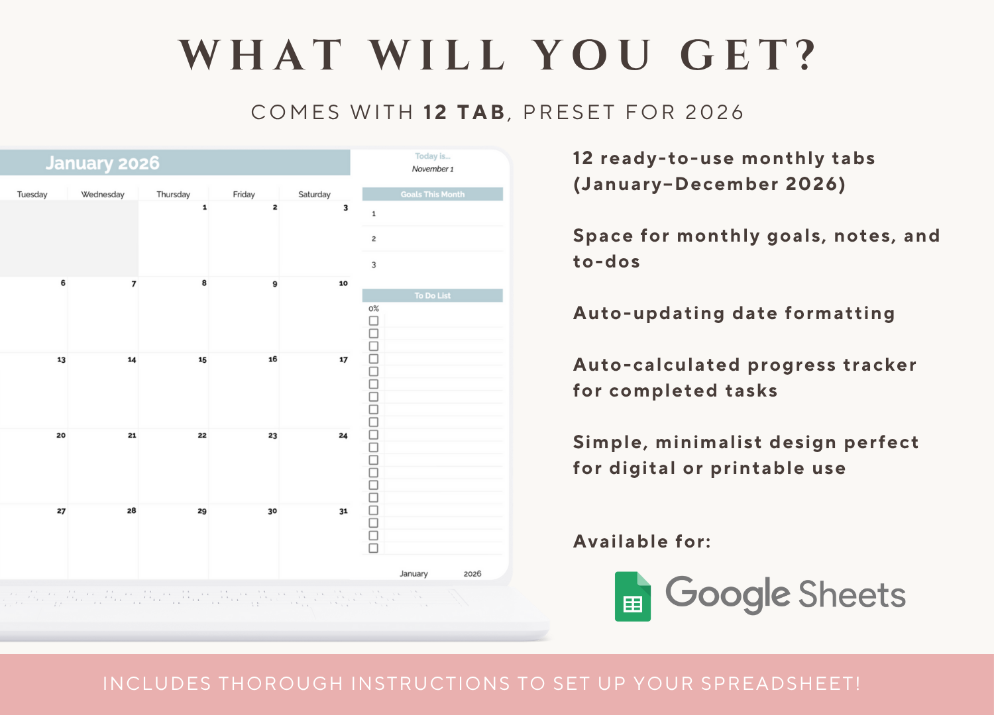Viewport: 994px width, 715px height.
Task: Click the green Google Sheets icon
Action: [x=633, y=596]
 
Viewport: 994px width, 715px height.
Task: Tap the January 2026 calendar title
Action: [x=103, y=163]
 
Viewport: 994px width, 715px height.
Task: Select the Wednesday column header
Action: [x=103, y=195]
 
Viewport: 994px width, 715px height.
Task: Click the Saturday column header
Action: [x=314, y=195]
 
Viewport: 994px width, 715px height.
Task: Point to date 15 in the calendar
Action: [x=202, y=360]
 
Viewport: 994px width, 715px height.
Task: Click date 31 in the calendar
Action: [x=343, y=511]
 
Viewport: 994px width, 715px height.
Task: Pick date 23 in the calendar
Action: [x=272, y=436]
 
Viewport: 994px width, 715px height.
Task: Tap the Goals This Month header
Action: [x=432, y=195]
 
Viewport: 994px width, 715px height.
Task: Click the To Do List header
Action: [x=432, y=296]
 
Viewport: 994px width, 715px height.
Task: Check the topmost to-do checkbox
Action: [x=374, y=321]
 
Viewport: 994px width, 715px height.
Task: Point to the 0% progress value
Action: [x=374, y=309]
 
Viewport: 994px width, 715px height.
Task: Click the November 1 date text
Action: [x=433, y=169]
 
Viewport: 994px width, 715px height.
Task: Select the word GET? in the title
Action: [x=749, y=55]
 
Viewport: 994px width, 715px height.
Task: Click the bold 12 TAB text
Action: [x=464, y=113]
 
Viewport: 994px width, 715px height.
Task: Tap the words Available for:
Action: [x=641, y=542]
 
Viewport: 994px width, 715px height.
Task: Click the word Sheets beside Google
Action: [x=852, y=595]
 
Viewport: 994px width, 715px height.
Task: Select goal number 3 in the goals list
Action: [x=374, y=265]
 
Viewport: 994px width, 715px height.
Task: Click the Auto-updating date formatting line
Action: [x=734, y=313]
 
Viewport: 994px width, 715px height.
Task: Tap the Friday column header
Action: [x=244, y=195]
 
